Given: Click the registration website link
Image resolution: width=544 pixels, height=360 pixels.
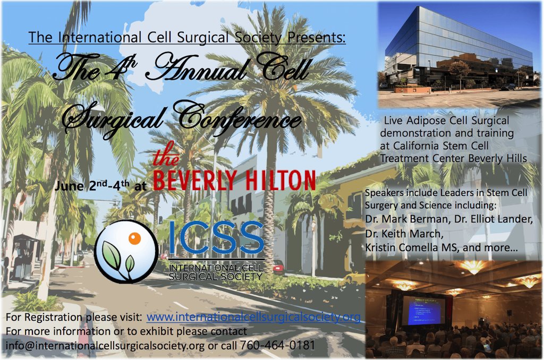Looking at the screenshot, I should pyautogui.click(x=253, y=318).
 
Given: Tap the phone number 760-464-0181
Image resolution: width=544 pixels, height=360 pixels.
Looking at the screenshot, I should pyautogui.click(x=278, y=345).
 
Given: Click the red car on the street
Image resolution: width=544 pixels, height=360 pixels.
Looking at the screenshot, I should pyautogui.click(x=278, y=265).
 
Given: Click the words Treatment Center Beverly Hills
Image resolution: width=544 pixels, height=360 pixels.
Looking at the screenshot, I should pyautogui.click(x=453, y=158).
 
